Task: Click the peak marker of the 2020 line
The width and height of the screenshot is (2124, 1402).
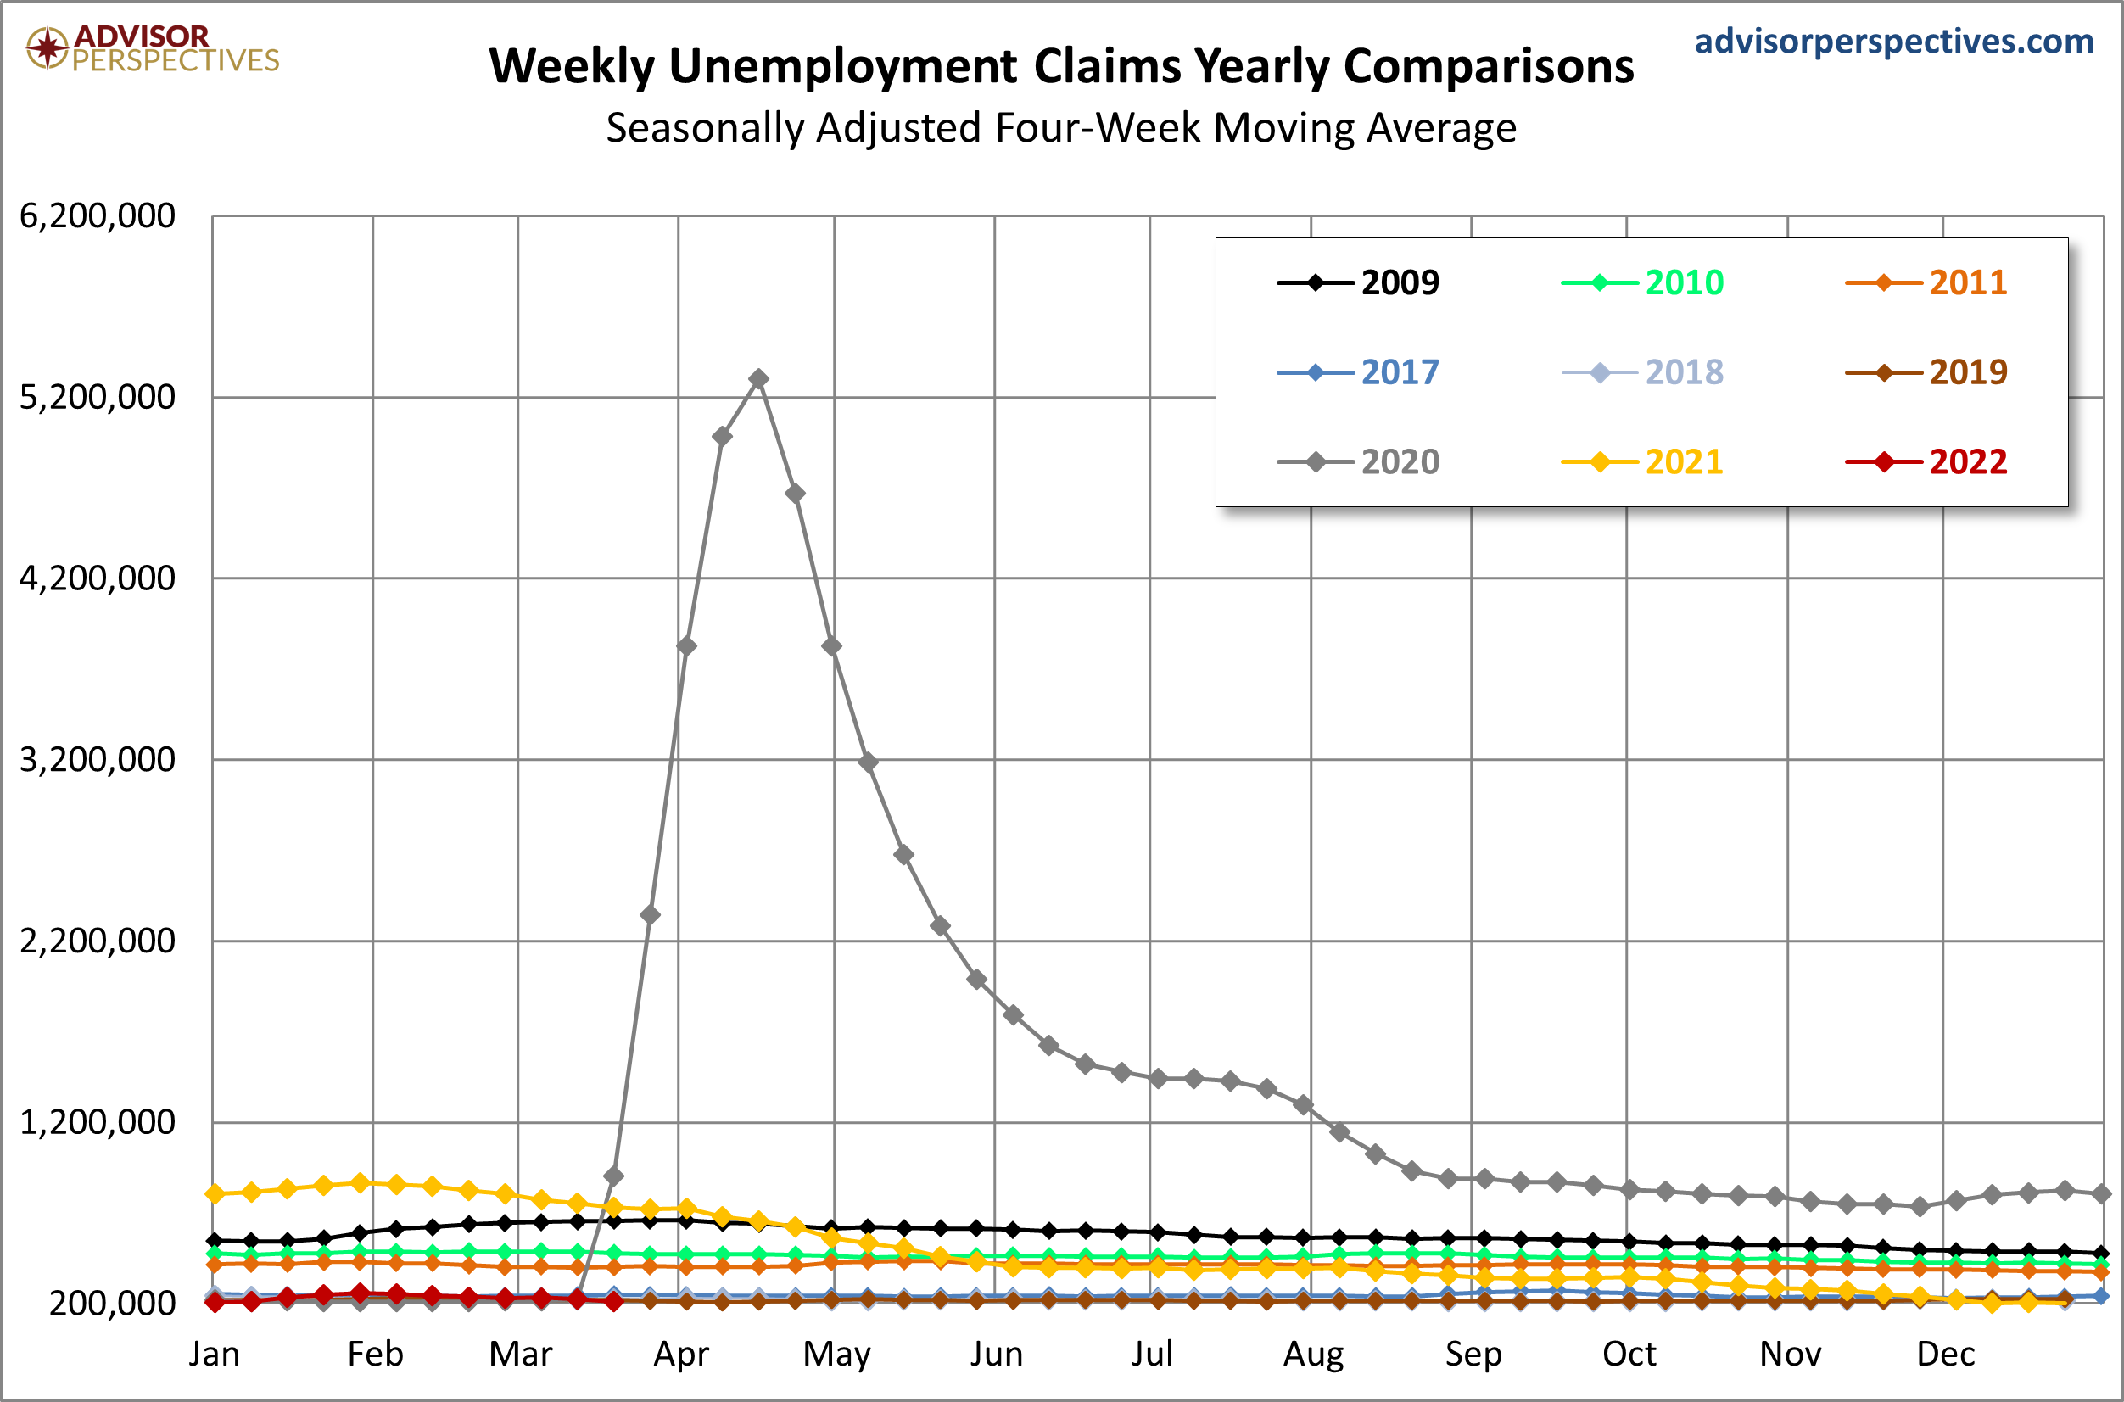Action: tap(758, 379)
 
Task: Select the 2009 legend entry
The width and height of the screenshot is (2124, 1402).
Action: tap(1357, 282)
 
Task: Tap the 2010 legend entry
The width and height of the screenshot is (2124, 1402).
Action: tap(1641, 282)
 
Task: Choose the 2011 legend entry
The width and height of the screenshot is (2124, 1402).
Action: tap(1926, 282)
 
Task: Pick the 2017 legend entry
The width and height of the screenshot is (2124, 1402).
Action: tap(1357, 372)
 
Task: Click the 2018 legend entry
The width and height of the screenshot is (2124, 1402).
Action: tap(1641, 372)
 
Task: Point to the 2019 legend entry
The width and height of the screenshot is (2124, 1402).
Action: tap(1926, 372)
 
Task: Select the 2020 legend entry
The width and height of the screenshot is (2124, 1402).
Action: tap(1357, 461)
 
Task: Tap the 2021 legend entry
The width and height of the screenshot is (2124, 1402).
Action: tap(1641, 461)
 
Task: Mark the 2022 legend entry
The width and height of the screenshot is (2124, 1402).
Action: tap(1926, 461)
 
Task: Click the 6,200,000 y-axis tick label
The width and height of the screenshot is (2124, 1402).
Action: tap(98, 216)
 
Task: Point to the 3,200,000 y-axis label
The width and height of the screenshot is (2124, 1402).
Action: tap(98, 760)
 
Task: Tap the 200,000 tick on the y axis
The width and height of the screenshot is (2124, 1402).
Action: tap(113, 1304)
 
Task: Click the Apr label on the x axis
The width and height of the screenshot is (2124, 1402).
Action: tap(680, 1355)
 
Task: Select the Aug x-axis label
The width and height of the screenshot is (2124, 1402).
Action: tap(1313, 1355)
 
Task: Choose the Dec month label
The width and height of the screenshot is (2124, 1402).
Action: tap(1946, 1354)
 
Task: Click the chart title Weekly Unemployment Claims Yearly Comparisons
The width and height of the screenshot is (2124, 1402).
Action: tap(1061, 67)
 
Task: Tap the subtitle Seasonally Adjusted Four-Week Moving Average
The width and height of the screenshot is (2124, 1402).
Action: tap(1061, 128)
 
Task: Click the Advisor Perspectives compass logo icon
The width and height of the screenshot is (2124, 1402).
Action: tap(47, 47)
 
